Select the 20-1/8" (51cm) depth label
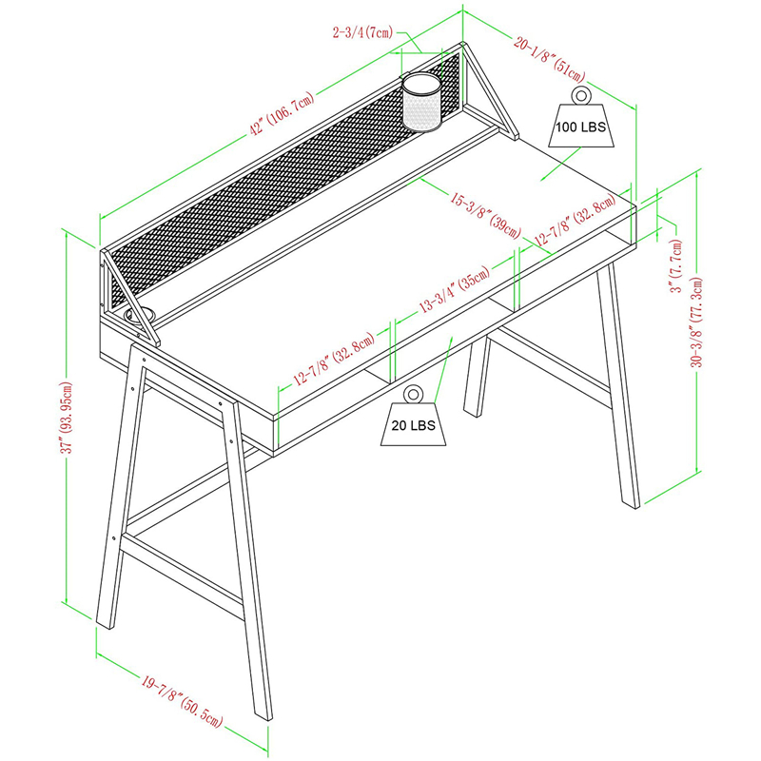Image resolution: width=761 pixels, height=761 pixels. pyautogui.click(x=550, y=60)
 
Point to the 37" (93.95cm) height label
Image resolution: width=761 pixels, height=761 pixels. pyautogui.click(x=67, y=418)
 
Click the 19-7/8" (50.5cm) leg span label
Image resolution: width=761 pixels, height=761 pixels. pyautogui.click(x=182, y=701)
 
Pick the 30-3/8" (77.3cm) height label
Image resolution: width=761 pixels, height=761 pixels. pyautogui.click(x=697, y=322)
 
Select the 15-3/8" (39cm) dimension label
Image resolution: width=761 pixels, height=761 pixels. pyautogui.click(x=485, y=215)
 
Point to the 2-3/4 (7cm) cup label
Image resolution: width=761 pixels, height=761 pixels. pyautogui.click(x=363, y=32)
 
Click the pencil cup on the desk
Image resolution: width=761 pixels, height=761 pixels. pyautogui.click(x=421, y=102)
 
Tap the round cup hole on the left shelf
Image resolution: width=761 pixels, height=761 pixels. pyautogui.click(x=140, y=315)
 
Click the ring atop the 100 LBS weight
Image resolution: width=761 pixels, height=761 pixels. pyautogui.click(x=580, y=94)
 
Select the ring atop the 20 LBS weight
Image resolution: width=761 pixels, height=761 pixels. pyautogui.click(x=413, y=394)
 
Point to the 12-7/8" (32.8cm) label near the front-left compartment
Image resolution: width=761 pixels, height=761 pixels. pyautogui.click(x=334, y=360)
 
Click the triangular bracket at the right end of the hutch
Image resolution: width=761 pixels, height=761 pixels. pyautogui.click(x=489, y=91)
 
